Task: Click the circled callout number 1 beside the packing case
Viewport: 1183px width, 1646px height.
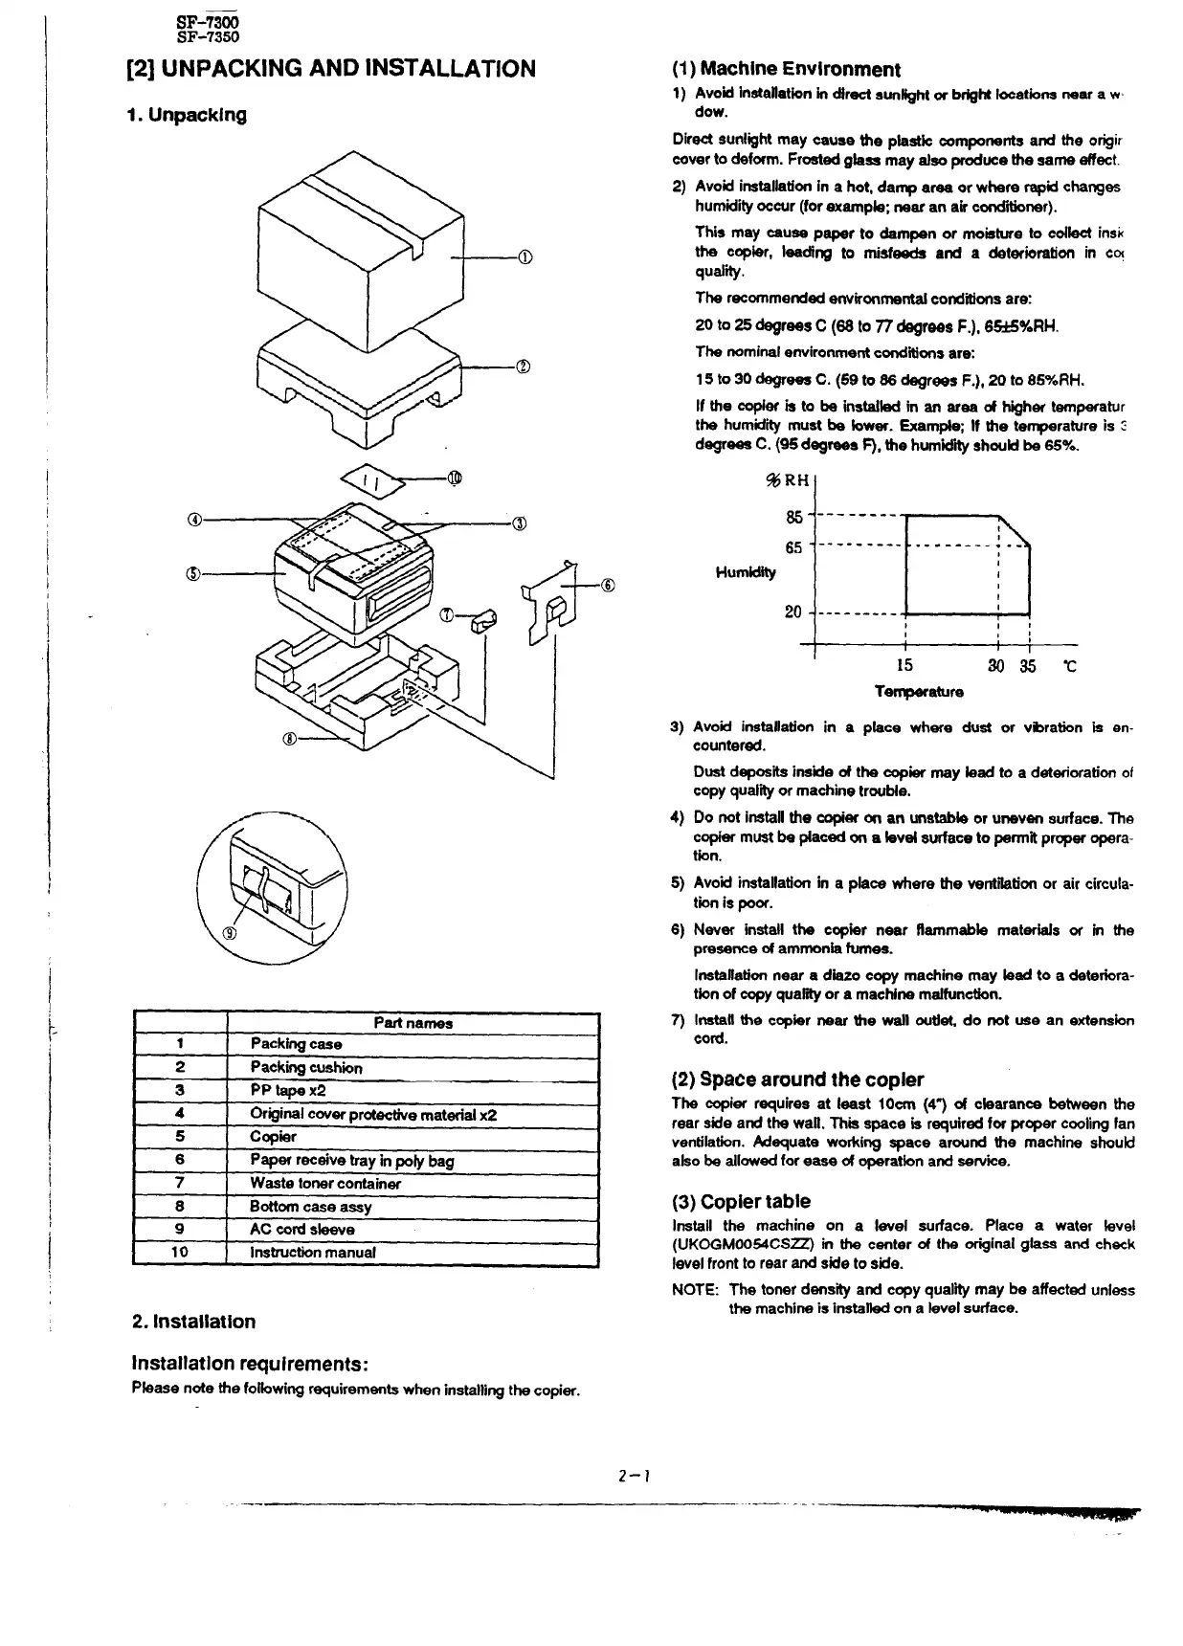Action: point(524,257)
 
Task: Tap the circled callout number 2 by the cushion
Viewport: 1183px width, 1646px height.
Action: point(523,366)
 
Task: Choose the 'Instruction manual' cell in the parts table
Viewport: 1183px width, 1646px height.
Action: point(312,1252)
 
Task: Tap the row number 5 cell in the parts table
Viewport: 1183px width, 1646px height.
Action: point(180,1137)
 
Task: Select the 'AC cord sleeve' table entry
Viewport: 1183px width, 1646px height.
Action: point(301,1229)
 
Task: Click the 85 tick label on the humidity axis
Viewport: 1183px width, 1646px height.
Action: point(793,518)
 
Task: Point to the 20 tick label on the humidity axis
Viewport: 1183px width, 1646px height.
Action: point(792,612)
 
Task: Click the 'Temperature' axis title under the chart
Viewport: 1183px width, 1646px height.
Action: point(918,691)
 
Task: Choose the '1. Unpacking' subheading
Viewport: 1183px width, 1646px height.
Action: point(187,115)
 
